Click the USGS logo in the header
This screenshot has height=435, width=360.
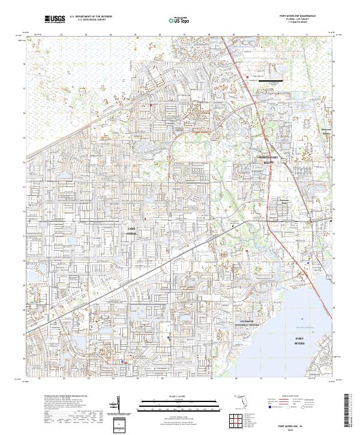55,19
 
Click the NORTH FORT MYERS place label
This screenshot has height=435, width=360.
268,160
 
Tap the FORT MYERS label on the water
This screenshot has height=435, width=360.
300,341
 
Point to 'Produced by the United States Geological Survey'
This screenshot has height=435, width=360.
59,397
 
